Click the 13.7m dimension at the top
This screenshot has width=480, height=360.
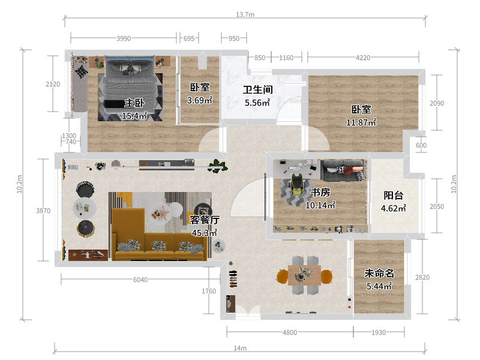click(x=245, y=14)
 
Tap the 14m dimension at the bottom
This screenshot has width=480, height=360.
click(x=240, y=348)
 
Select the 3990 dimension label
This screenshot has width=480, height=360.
click(x=124, y=38)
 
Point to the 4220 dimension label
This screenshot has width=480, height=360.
click(x=363, y=58)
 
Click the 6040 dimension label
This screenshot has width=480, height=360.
click(x=140, y=280)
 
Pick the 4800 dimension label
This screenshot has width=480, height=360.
click(x=290, y=332)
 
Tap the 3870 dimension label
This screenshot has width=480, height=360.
click(x=43, y=211)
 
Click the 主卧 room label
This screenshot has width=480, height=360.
click(x=134, y=103)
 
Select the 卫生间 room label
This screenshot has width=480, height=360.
click(x=258, y=89)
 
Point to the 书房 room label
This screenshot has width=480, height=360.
click(x=320, y=192)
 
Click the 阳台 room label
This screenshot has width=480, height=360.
click(x=394, y=196)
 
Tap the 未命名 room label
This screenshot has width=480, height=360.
click(x=379, y=273)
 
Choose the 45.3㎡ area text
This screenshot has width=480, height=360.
click(x=204, y=233)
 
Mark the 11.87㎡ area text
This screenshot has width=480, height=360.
click(x=361, y=122)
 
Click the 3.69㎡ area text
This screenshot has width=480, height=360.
click(x=200, y=100)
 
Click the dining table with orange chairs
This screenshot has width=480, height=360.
click(x=304, y=275)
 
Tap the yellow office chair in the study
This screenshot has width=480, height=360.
click(x=296, y=185)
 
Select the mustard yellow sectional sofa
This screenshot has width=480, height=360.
click(x=158, y=235)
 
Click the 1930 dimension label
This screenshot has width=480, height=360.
click(x=379, y=332)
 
